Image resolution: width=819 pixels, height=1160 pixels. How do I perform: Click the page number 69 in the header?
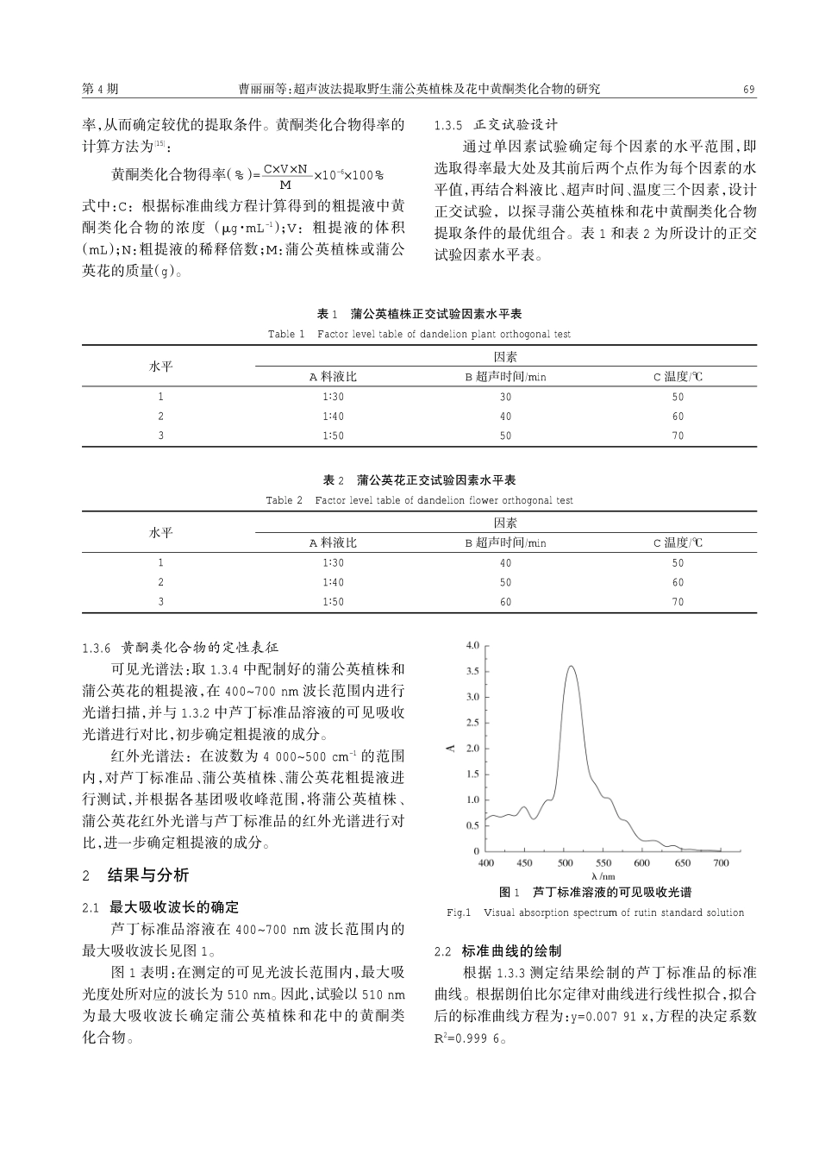click(x=748, y=89)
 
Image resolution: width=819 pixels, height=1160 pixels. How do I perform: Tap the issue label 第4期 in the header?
click(x=100, y=89)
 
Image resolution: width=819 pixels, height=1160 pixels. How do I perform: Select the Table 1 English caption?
click(x=419, y=334)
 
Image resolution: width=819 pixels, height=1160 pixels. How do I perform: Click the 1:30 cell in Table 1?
click(x=333, y=397)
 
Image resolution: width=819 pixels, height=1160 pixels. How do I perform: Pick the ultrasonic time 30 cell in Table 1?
click(x=505, y=397)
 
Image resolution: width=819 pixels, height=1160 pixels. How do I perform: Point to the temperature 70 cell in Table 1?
click(x=678, y=436)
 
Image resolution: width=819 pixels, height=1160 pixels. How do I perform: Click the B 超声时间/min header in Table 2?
click(x=505, y=542)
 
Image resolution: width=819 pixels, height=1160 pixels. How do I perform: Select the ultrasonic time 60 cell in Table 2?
click(x=505, y=602)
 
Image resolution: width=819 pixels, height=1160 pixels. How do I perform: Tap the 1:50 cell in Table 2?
click(x=333, y=602)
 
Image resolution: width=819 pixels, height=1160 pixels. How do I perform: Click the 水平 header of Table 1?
click(x=161, y=367)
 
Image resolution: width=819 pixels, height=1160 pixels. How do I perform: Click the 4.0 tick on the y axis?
click(x=472, y=645)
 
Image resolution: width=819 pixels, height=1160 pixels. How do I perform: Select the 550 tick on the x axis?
click(x=603, y=862)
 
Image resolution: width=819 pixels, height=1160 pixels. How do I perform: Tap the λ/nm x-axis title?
click(x=603, y=876)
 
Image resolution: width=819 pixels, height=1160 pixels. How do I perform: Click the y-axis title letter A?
click(x=451, y=748)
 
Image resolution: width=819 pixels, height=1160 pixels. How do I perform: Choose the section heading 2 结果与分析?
click(x=135, y=875)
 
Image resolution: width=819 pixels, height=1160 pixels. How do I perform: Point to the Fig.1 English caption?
click(x=595, y=912)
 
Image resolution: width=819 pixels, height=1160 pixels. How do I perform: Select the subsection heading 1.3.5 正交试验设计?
click(x=497, y=125)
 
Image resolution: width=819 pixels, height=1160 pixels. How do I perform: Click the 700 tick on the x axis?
click(x=721, y=862)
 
